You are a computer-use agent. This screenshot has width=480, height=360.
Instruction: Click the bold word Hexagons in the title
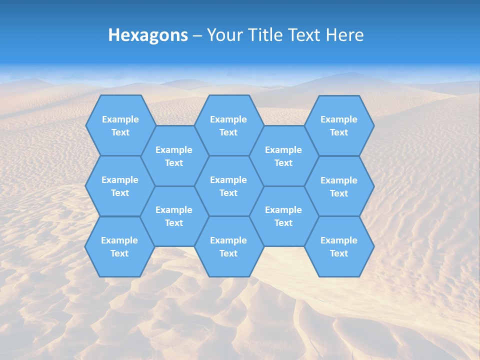click(148, 35)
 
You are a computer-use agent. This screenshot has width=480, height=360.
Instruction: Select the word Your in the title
click(224, 35)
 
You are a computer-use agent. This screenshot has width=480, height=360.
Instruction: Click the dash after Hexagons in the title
click(197, 35)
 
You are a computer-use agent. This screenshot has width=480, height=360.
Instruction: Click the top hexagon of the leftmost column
click(120, 125)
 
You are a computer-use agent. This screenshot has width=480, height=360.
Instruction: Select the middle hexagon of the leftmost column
click(120, 186)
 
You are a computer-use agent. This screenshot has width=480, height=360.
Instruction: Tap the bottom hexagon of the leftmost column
click(119, 246)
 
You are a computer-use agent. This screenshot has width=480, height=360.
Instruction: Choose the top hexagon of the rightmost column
click(339, 125)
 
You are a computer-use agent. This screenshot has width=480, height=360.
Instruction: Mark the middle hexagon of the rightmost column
click(339, 186)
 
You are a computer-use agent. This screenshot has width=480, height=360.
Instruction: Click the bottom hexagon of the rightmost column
click(339, 246)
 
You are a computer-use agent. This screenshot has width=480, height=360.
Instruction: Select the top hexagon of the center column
click(228, 125)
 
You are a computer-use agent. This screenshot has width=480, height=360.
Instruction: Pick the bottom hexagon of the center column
click(228, 246)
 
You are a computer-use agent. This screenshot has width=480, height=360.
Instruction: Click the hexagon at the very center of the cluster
click(228, 186)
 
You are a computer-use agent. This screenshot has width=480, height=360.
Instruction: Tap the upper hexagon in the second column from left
click(174, 156)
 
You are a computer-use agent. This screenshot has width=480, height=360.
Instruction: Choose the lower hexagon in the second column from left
click(174, 216)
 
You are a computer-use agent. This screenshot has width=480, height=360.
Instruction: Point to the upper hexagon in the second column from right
click(283, 156)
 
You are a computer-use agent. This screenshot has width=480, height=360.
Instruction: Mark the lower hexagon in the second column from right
click(283, 216)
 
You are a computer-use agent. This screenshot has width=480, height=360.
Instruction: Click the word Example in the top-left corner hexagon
click(120, 119)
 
